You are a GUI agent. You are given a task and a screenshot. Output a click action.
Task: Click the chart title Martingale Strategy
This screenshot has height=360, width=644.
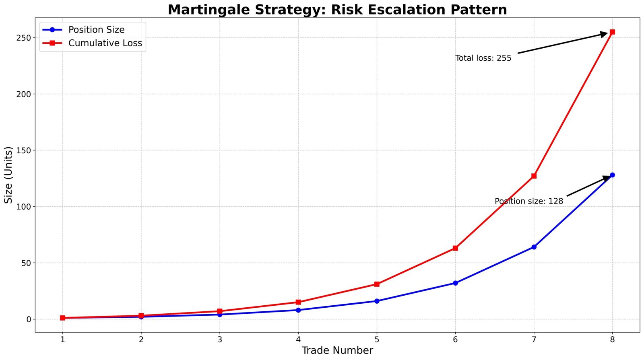tap(337, 9)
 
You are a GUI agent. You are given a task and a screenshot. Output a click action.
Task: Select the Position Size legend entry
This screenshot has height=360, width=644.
tap(96, 30)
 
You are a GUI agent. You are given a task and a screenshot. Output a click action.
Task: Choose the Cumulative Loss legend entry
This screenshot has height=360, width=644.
tap(105, 43)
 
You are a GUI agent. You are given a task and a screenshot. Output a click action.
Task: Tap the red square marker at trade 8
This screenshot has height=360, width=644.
tap(612, 32)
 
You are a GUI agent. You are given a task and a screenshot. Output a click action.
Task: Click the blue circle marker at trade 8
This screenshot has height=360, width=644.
tap(612, 175)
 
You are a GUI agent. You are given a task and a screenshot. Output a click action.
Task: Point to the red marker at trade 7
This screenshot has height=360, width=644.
tap(534, 176)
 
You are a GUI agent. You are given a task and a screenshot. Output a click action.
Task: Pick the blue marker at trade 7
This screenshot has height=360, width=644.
tap(534, 247)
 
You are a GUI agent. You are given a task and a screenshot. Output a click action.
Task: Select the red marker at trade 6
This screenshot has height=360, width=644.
tap(455, 248)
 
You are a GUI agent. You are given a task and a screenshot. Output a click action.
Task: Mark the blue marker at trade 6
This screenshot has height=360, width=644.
tap(455, 283)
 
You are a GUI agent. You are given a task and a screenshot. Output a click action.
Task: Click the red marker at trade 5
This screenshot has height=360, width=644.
tap(377, 284)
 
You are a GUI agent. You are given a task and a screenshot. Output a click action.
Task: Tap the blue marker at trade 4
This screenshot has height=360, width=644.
tap(298, 310)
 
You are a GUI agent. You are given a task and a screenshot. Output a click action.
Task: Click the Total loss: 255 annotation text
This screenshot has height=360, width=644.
tap(483, 58)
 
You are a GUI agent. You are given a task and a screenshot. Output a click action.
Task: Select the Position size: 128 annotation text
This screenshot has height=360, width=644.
tap(528, 201)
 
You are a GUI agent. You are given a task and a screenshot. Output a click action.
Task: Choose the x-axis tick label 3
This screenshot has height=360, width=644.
tap(220, 339)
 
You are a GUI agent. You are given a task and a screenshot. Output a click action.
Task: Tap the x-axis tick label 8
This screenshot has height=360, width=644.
tap(612, 339)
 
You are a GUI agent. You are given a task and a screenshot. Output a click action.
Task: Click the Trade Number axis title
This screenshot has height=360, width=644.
tap(337, 351)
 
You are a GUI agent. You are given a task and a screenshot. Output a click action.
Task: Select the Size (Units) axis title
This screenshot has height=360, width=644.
tap(8, 175)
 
